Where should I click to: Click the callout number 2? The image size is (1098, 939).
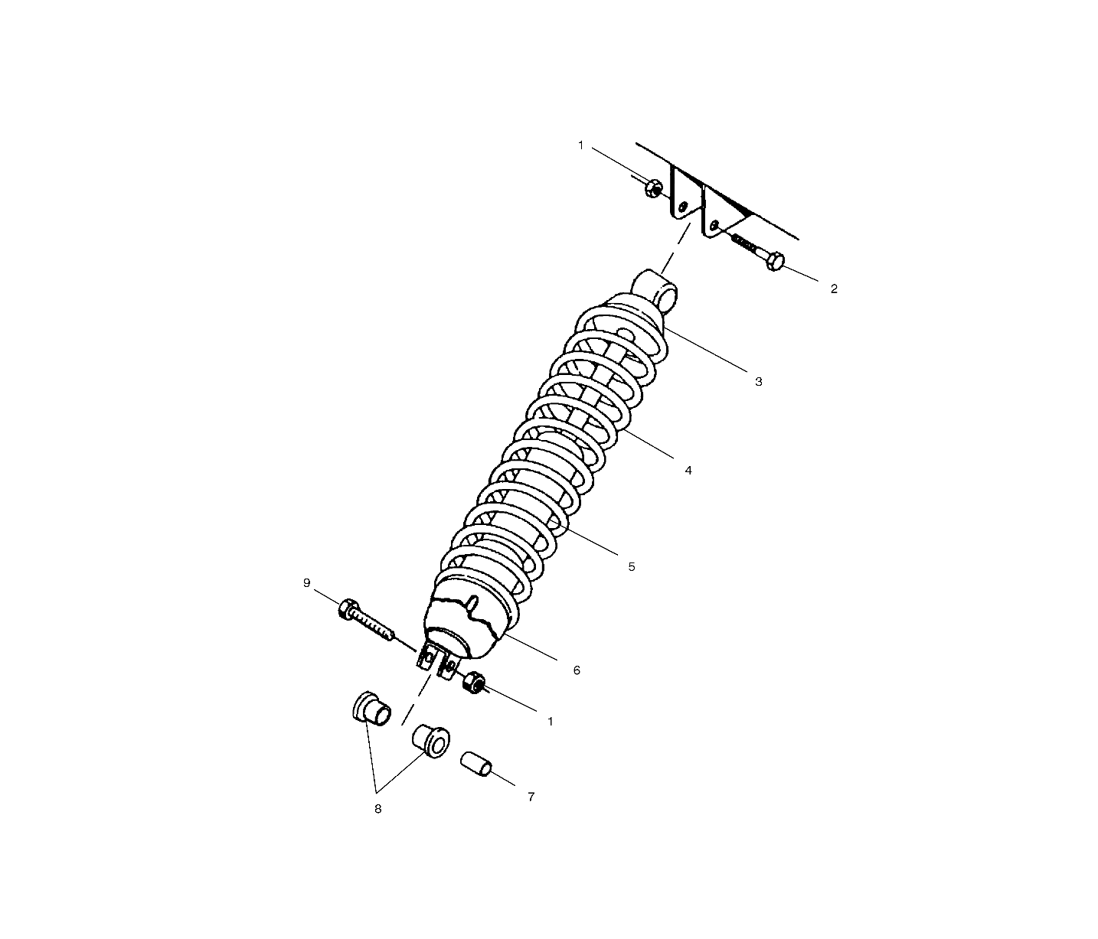pyautogui.click(x=834, y=289)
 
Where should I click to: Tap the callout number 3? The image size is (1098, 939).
pyautogui.click(x=759, y=381)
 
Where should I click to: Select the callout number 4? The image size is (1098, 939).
pyautogui.click(x=688, y=471)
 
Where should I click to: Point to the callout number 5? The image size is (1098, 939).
pyautogui.click(x=632, y=567)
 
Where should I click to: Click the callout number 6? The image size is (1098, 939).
pyautogui.click(x=577, y=670)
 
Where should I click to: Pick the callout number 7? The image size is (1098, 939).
pyautogui.click(x=531, y=797)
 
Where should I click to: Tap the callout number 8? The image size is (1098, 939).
pyautogui.click(x=377, y=809)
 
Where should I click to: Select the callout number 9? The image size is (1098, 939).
pyautogui.click(x=306, y=583)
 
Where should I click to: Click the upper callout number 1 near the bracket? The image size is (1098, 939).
pyautogui.click(x=580, y=145)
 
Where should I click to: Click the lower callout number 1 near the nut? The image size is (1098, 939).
pyautogui.click(x=551, y=722)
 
